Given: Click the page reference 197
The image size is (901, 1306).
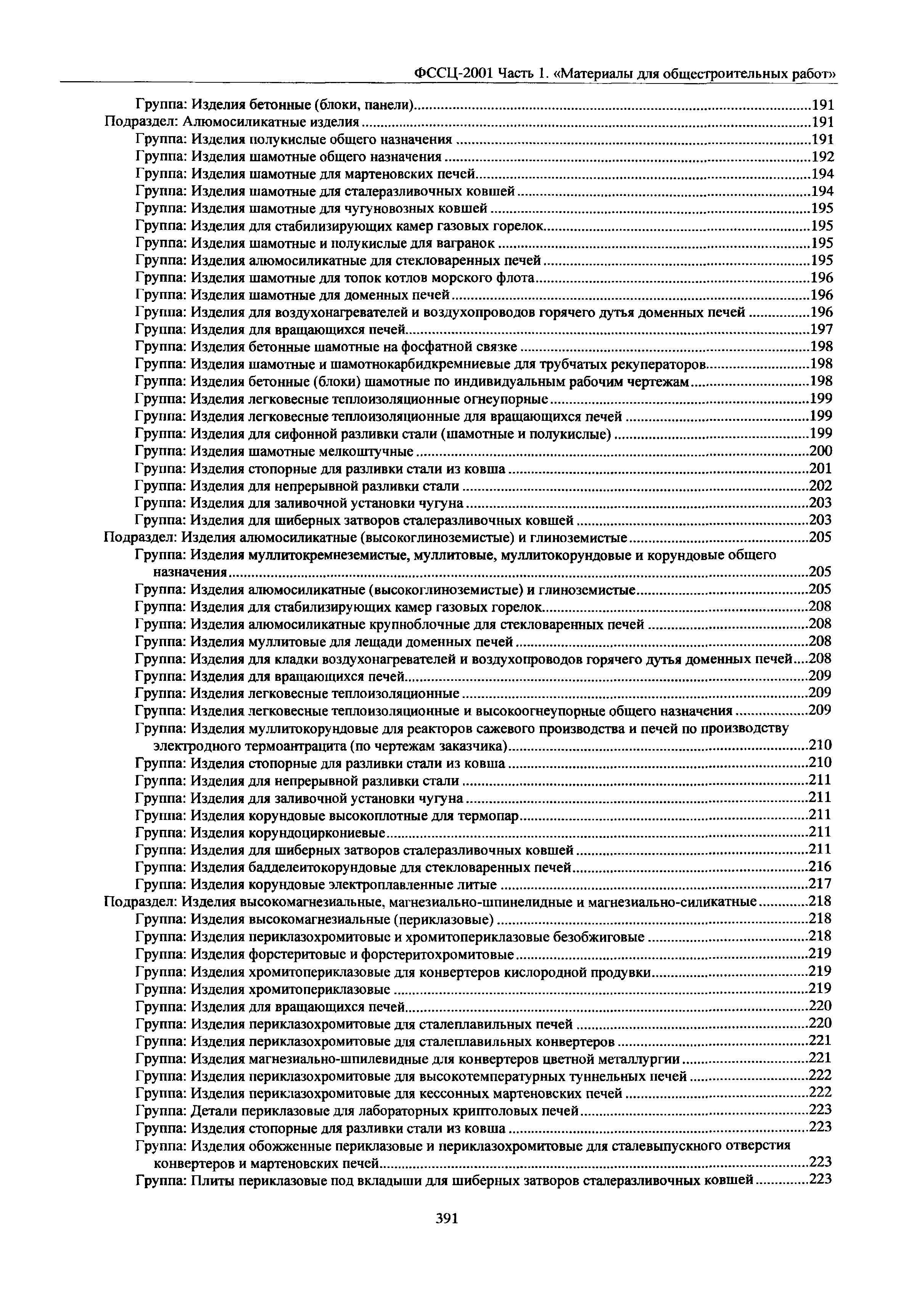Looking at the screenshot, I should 821,329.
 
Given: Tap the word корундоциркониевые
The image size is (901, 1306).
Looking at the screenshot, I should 317,833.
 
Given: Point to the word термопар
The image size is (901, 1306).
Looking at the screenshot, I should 493,816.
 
